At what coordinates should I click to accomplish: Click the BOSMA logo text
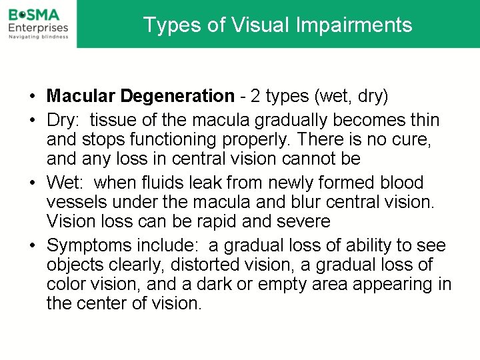click(x=33, y=13)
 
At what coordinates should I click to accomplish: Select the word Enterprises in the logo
click(x=38, y=27)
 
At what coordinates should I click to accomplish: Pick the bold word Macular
click(x=81, y=96)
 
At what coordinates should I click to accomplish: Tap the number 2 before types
click(x=254, y=96)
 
